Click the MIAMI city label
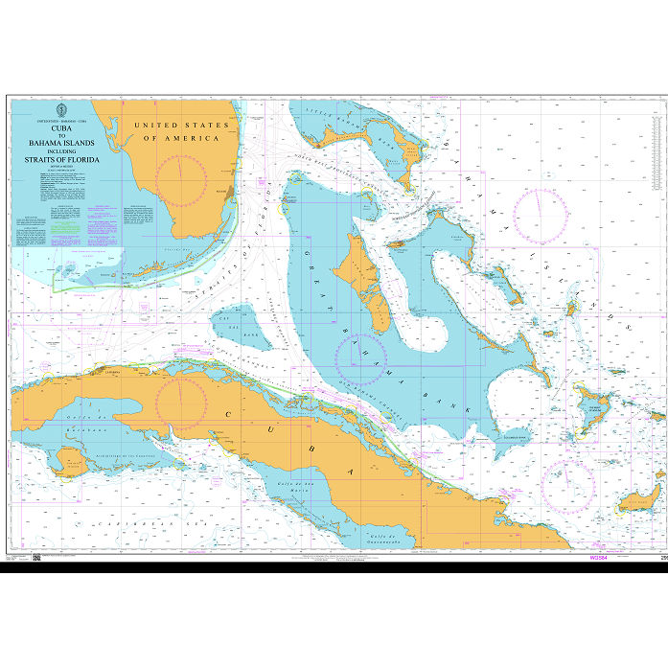[x=219, y=192]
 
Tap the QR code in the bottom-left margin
[x=36, y=558]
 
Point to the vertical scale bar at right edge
[x=664, y=326]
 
